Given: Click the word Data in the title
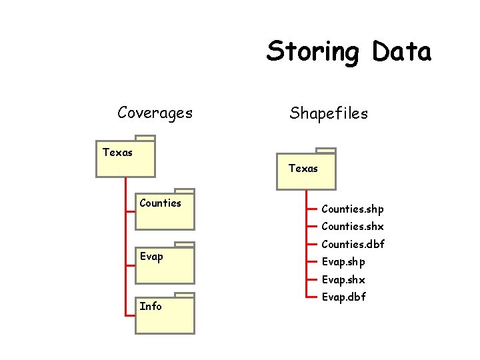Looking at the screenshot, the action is point(402,51).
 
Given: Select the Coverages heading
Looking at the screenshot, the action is point(155,113).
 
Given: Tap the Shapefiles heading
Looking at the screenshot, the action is point(328,113).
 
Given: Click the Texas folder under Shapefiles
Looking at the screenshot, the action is point(306,171).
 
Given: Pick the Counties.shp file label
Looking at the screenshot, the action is point(352,209).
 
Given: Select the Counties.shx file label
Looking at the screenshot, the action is point(352,227).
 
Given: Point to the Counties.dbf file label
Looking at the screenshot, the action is point(353,245).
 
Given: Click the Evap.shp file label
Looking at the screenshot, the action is point(343,262).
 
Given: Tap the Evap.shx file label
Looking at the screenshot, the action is point(343,280).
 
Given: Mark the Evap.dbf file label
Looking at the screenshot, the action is point(343,297).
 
